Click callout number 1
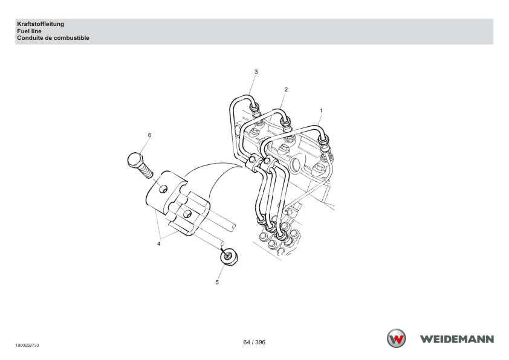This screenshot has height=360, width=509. point(321,111)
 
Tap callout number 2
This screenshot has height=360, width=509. point(286,89)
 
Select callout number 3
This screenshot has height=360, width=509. point(256,72)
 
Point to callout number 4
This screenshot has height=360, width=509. point(159,243)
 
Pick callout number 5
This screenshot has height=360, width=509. point(217,283)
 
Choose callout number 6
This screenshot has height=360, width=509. point(149,135)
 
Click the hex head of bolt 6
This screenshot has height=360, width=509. point(135,160)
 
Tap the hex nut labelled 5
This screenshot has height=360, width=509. point(229,257)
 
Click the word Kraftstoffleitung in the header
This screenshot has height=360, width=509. point(41,24)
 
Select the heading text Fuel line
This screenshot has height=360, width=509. point(29,31)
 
